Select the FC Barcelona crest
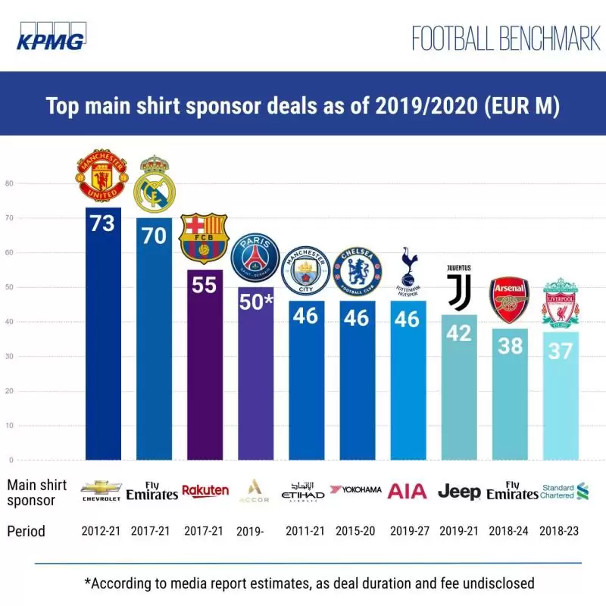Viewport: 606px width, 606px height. pos(205,238)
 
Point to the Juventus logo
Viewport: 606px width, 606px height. pos(458,287)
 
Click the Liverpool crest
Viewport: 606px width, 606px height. pos(561,302)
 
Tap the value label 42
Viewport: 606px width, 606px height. pos(458,333)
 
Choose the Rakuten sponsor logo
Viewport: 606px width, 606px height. pos(205,491)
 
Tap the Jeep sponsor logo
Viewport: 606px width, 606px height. pos(459,492)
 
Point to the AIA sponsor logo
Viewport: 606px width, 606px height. pos(408,491)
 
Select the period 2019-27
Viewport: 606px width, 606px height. pos(407,531)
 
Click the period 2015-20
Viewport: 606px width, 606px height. pos(356,531)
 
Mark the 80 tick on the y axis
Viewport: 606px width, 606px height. pos(10,183)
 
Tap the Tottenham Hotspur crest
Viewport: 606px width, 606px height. pos(407,272)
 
